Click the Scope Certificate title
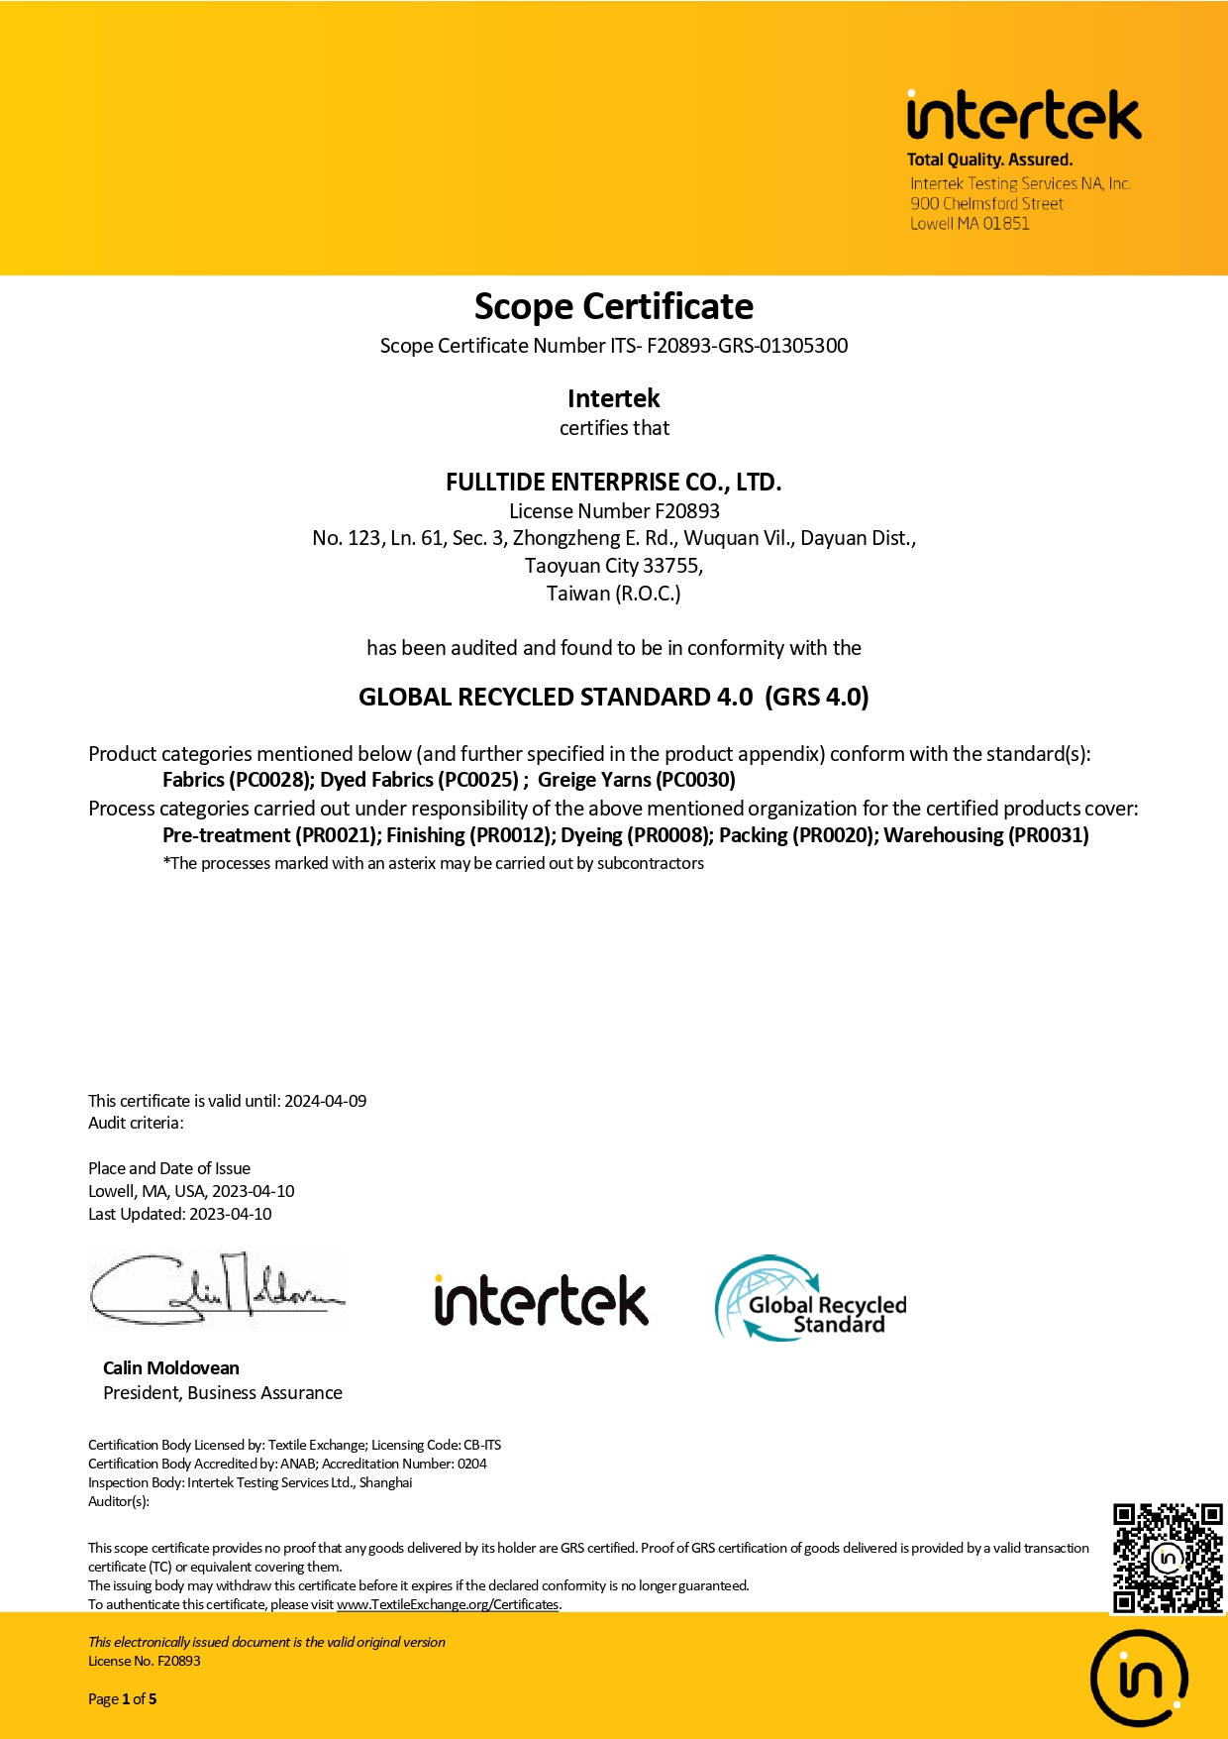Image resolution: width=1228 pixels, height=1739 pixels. point(613,307)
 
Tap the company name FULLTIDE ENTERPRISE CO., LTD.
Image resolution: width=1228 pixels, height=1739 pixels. point(613,483)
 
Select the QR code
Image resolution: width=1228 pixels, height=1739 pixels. point(1168,1558)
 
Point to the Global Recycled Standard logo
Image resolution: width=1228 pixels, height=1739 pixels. point(811,1299)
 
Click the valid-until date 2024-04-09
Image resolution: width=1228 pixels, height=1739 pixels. point(325,1101)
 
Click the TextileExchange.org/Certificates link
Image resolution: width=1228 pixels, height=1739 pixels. point(448,1604)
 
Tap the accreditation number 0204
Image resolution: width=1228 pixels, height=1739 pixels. point(472,1464)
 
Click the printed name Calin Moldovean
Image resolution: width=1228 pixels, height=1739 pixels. point(171,1368)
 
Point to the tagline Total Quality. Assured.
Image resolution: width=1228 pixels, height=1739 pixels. point(989,160)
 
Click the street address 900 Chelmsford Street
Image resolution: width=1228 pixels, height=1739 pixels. point(986,204)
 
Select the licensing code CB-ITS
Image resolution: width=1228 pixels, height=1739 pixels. point(482,1445)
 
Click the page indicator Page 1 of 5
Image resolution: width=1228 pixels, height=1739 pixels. point(123,1698)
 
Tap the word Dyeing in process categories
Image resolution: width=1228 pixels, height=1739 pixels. point(591,835)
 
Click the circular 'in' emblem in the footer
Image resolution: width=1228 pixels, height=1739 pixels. point(1139,1679)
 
